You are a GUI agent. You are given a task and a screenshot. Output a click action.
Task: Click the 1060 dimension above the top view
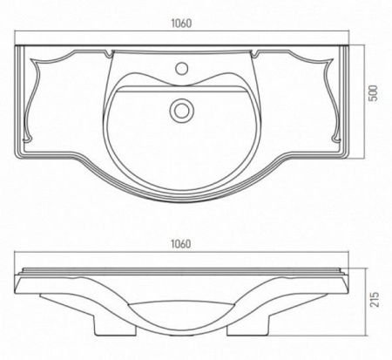(x=181, y=24)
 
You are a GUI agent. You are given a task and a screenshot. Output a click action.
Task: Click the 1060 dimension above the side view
(x=180, y=244)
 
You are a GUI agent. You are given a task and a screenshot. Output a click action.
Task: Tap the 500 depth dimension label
(x=374, y=93)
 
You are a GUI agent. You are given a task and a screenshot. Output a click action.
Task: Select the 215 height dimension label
(x=375, y=299)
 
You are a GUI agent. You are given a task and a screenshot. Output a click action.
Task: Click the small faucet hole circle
(x=182, y=68)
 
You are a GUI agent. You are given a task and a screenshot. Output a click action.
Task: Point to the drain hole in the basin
(x=182, y=109)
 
